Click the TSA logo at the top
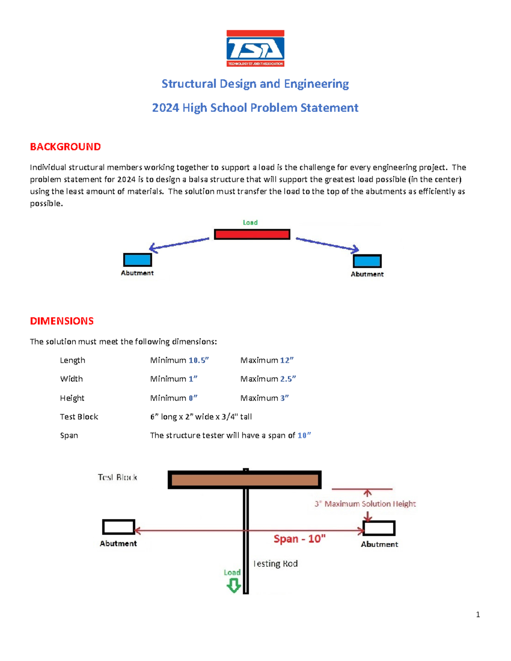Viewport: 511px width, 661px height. coord(255,48)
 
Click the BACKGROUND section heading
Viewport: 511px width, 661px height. coord(65,147)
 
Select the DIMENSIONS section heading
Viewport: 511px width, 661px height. coord(62,321)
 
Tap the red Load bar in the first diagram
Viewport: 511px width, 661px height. coord(252,234)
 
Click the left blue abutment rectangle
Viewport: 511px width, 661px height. coord(138,260)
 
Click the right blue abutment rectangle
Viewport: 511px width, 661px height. coord(367,261)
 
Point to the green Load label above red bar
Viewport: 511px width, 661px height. coord(250,222)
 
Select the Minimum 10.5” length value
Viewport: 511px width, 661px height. coord(179,361)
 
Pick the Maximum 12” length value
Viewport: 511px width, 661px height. coord(267,361)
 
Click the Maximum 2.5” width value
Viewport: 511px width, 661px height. coord(268,379)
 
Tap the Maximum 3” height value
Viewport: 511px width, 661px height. coord(264,398)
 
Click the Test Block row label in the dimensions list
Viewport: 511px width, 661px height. coord(79,417)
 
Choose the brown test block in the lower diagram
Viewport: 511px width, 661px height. coord(244,480)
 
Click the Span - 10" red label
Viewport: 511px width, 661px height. coord(299,539)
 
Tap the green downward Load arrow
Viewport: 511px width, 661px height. coord(233,586)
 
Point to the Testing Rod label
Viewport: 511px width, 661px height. coord(276,564)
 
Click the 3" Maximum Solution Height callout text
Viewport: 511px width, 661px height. coord(365,504)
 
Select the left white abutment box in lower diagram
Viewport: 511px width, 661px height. coord(118,527)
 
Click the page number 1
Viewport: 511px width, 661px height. coord(478,614)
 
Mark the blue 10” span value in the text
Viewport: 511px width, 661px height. coord(304,435)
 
